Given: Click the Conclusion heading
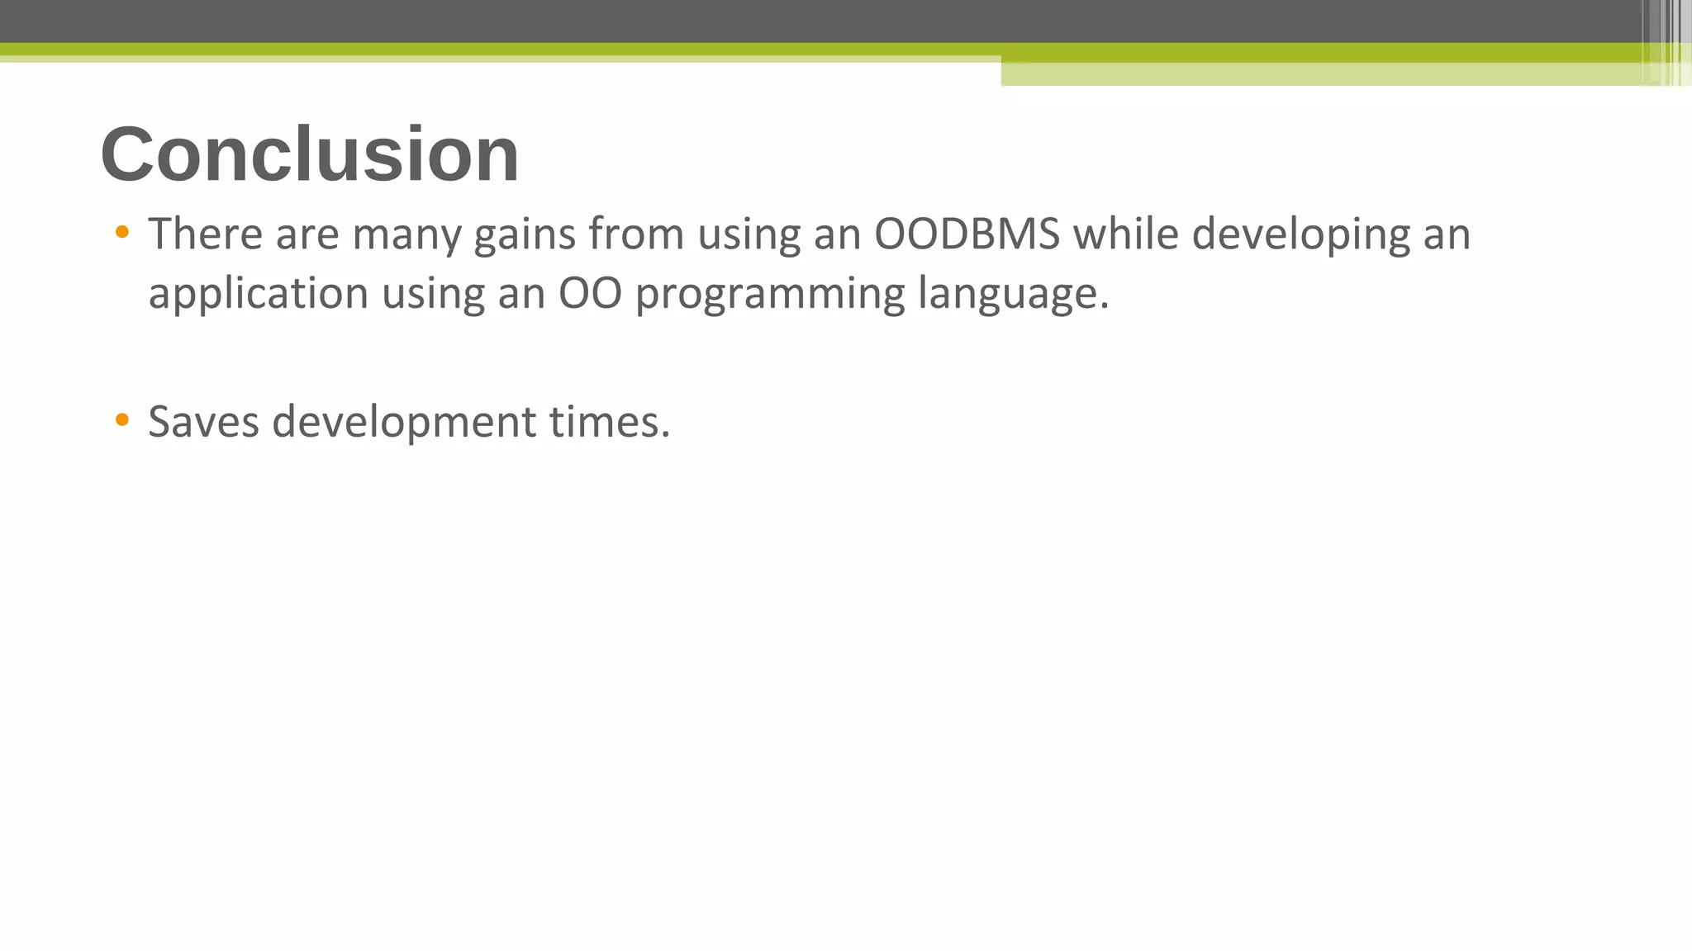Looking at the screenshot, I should [x=310, y=154].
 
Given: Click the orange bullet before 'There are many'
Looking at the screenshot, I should [x=122, y=233].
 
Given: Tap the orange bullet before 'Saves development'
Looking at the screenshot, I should [x=122, y=420].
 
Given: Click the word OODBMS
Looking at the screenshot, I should [x=967, y=234].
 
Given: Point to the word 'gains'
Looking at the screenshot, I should [x=524, y=235].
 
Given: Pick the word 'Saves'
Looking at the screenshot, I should [x=203, y=422].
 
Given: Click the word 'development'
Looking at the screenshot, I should [x=404, y=423].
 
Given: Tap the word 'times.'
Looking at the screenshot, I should [x=610, y=422].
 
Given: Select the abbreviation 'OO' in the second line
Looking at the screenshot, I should [x=590, y=295].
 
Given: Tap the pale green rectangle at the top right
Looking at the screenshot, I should [x=1322, y=74].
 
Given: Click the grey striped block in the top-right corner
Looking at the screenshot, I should [x=1666, y=41].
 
